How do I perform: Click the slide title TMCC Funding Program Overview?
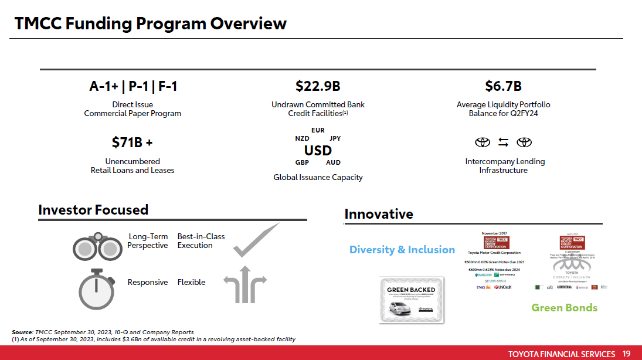coord(151,23)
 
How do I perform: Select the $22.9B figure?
coord(318,87)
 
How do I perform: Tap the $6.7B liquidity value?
coord(503,87)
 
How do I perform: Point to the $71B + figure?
coord(133,142)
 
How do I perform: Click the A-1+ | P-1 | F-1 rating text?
coord(133,87)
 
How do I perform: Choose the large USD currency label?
coord(318,151)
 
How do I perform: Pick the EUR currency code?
coord(318,130)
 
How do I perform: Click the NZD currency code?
coord(302,138)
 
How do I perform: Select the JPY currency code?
coord(335,138)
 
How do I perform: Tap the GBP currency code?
coord(303,162)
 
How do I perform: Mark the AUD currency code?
coord(333,162)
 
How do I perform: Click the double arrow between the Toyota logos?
coord(503,142)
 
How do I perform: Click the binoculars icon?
coord(97,247)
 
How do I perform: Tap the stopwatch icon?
coord(96,288)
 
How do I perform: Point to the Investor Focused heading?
coord(93,210)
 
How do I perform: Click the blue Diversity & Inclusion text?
coord(402,250)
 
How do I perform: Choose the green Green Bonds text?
coord(564,308)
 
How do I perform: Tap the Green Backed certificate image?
coord(411,299)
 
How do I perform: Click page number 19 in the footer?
coord(626,354)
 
